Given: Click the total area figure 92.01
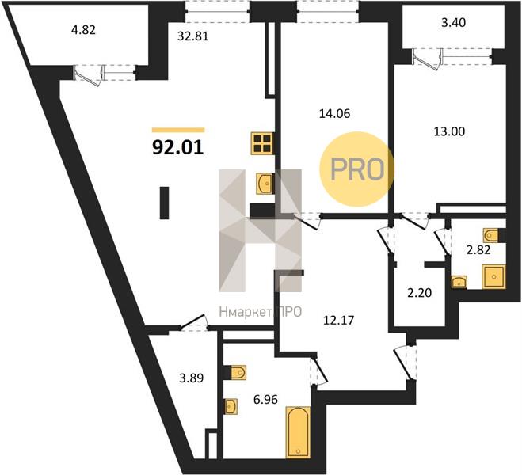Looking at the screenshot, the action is click(177, 147).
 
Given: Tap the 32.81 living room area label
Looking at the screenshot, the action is click(192, 36).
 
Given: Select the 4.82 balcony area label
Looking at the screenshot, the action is click(83, 30).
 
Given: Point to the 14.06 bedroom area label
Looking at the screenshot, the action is click(334, 113).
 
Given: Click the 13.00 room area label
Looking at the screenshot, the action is click(449, 131).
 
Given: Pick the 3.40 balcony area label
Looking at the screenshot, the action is click(453, 23).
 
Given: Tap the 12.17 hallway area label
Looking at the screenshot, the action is click(339, 320).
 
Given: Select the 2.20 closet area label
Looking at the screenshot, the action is click(420, 293).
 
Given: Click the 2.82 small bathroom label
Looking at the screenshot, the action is click(478, 249).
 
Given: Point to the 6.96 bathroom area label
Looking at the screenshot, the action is click(265, 399).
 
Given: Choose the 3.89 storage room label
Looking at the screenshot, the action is click(192, 378).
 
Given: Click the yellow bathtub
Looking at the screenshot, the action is click(298, 432).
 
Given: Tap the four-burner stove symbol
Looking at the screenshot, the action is click(262, 143).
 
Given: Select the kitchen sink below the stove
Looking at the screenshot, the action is click(265, 184).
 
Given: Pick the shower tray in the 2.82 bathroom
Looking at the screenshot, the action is click(493, 276).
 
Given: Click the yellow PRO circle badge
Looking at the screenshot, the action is click(357, 169).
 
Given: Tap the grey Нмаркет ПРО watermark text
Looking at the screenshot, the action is click(261, 312).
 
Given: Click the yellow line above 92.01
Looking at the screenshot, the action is click(178, 130).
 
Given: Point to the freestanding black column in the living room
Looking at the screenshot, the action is click(164, 203).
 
